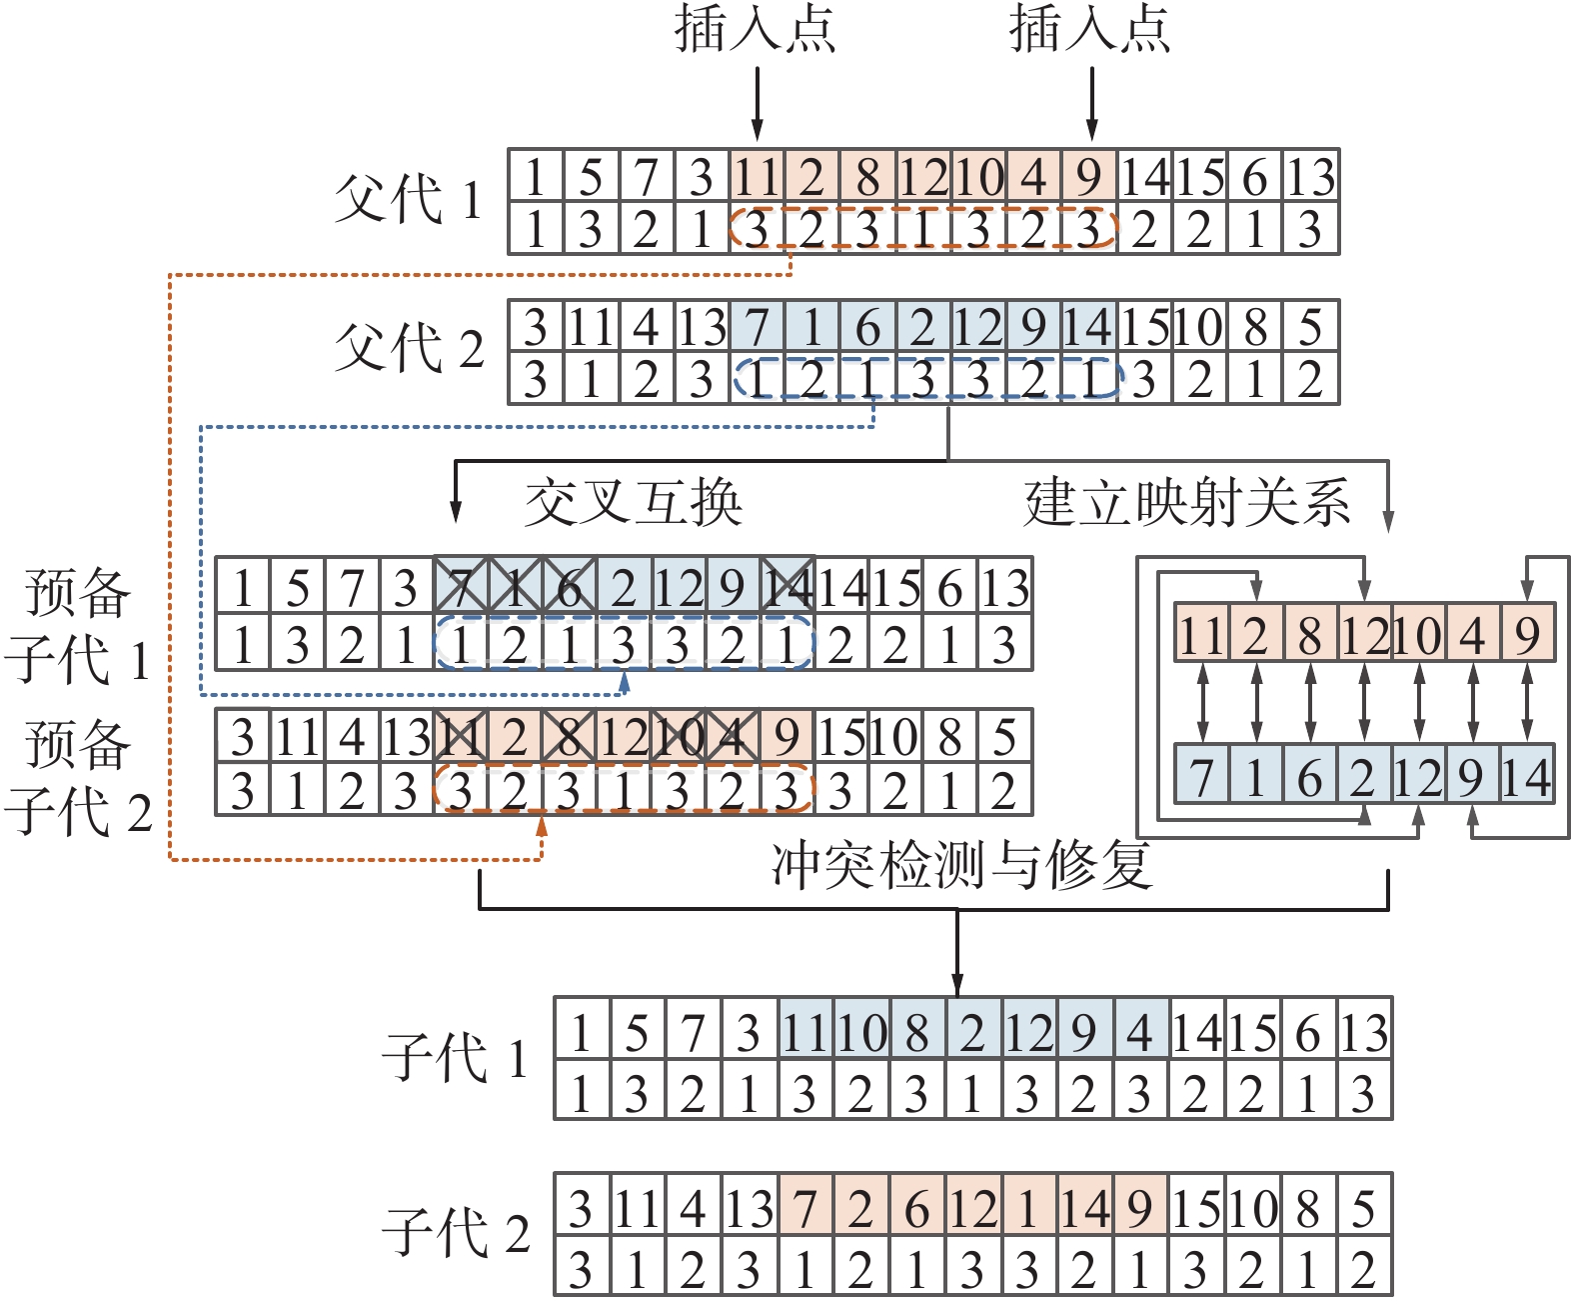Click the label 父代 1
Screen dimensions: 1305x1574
coord(408,199)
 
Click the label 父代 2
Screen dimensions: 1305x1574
coord(408,347)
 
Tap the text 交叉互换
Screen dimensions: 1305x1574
coord(634,502)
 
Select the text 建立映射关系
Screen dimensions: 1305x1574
coord(1187,502)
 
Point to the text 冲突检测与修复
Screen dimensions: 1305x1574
coord(961,865)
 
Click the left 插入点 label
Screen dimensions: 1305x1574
coord(756,28)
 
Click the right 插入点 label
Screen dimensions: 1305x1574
coord(1090,28)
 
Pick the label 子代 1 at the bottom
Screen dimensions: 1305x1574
coord(455,1057)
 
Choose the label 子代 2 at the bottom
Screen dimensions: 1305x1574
coord(455,1232)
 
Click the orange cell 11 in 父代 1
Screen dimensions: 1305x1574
coord(757,177)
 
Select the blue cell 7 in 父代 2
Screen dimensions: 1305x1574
coord(757,327)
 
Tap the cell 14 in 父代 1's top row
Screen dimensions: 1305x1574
coord(1144,177)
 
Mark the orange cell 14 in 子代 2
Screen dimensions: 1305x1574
coord(1084,1209)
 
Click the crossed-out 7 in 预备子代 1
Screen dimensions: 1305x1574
coord(461,587)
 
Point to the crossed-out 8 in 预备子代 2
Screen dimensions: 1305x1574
coord(569,737)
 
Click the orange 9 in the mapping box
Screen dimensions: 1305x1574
coord(1527,634)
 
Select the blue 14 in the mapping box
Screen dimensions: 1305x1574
coord(1527,777)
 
